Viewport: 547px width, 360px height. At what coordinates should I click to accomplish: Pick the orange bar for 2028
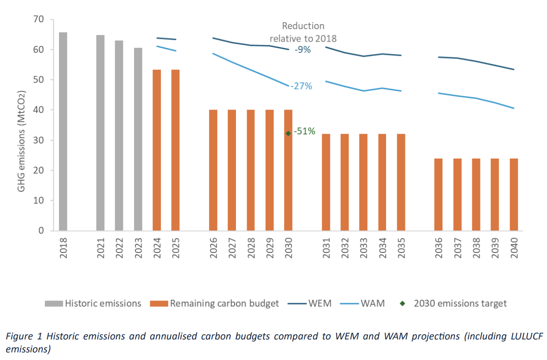[251, 170]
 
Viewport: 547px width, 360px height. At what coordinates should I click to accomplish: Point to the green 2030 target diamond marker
[288, 133]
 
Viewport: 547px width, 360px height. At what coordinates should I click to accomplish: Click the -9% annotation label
[302, 50]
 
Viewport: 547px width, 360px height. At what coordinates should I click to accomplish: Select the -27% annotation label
[301, 86]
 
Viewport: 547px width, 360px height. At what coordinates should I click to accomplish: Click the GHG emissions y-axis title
[21, 141]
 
